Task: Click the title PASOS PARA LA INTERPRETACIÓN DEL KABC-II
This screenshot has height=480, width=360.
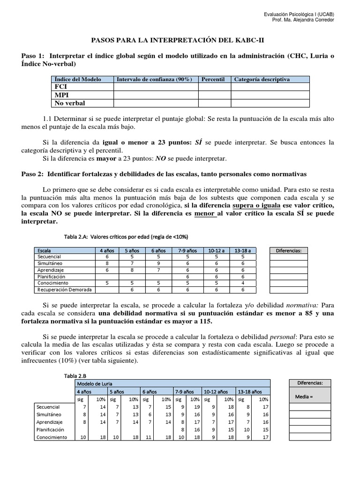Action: [180, 41]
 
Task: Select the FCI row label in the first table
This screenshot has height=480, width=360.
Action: [61, 87]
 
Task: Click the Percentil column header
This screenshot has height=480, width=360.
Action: [213, 79]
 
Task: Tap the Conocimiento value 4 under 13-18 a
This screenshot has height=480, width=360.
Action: [243, 283]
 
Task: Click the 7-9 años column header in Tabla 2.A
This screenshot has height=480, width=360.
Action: [187, 250]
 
